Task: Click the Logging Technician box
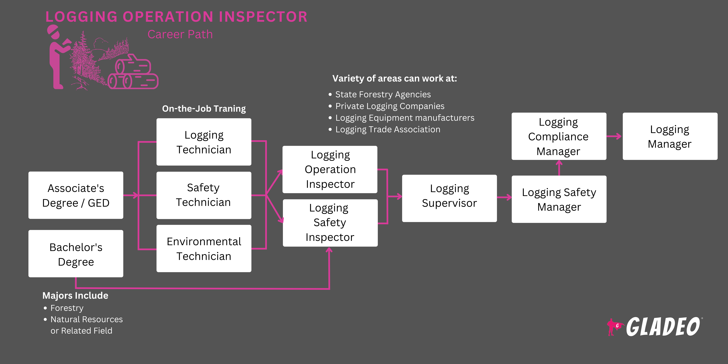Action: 204,142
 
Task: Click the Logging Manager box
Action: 670,136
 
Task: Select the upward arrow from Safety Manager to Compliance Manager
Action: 559,168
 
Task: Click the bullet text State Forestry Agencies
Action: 383,94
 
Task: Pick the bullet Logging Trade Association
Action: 388,129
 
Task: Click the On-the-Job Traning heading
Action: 204,108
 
